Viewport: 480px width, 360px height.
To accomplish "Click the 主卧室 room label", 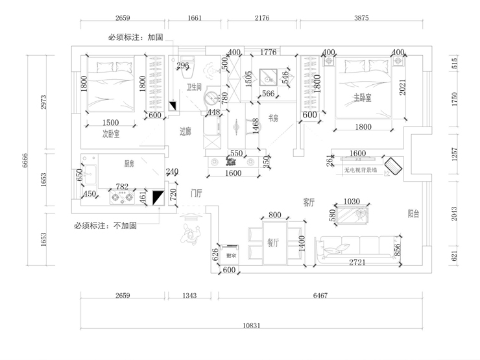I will (362, 98).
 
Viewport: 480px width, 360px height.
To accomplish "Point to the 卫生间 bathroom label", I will (195, 86).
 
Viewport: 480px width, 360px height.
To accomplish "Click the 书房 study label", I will (273, 119).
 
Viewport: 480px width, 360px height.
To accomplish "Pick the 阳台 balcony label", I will (413, 213).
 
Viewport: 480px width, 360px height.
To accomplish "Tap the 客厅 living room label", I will (308, 203).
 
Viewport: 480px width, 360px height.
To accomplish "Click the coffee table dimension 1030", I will (351, 202).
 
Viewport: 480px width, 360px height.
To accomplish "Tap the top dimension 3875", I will (361, 18).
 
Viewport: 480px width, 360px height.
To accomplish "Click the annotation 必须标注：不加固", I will (105, 226).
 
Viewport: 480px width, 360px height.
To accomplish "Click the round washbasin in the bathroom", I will (211, 99).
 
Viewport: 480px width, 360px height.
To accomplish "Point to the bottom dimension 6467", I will (320, 296).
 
